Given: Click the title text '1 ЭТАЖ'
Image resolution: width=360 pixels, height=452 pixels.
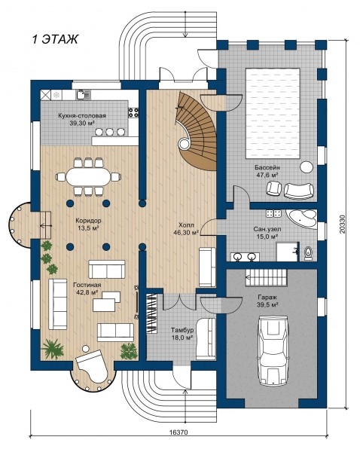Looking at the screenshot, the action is tap(54, 39).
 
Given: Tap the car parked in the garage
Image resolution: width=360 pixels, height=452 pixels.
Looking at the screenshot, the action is tap(273, 350).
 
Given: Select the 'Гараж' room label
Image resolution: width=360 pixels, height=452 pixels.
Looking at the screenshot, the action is tap(267, 298).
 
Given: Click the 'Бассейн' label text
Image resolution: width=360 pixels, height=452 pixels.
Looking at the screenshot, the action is tap(267, 168).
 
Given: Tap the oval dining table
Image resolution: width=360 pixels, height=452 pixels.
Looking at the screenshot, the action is tap(88, 176).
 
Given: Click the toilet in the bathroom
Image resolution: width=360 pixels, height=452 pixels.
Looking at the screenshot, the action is tap(308, 253).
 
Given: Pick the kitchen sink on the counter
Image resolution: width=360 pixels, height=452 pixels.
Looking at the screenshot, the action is tap(84, 95).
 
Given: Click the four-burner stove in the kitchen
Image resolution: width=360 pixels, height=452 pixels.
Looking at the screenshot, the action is tap(133, 111).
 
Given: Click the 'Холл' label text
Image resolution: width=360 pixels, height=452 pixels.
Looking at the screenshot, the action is tap(186, 224).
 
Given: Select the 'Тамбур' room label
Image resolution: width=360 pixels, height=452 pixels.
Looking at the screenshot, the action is tap(182, 330).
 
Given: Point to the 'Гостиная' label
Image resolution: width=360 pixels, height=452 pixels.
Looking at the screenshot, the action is tap(87, 285).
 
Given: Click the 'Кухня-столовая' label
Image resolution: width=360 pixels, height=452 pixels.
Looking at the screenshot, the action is tap(82, 116).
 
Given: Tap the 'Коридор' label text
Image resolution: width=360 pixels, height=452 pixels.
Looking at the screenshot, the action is tap(88, 221).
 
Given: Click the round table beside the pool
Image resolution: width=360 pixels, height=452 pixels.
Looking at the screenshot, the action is tap(306, 167).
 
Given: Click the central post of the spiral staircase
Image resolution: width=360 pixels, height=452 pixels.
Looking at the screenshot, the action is tap(184, 142).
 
